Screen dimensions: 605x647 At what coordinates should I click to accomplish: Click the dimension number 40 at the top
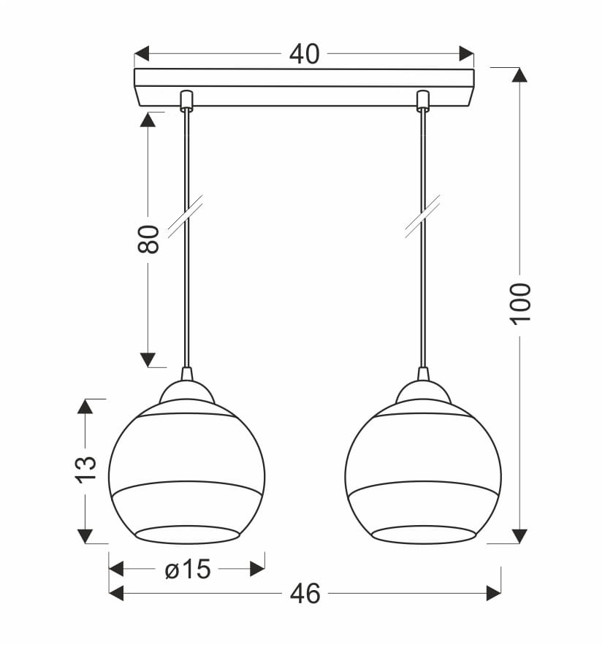tap(305, 54)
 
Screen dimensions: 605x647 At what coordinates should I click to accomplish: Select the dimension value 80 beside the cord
tap(148, 240)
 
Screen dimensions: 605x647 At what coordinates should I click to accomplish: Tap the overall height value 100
tap(520, 304)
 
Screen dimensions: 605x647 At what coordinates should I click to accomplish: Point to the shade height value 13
tap(85, 469)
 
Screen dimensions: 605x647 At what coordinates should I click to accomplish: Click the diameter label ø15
tap(188, 569)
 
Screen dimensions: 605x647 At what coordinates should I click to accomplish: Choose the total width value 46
tap(305, 594)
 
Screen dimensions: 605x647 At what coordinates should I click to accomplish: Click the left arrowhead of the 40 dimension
tap(142, 53)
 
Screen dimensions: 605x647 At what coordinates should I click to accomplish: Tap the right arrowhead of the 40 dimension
tap(467, 53)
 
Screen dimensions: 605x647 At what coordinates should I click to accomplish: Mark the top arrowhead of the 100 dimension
tap(520, 74)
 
